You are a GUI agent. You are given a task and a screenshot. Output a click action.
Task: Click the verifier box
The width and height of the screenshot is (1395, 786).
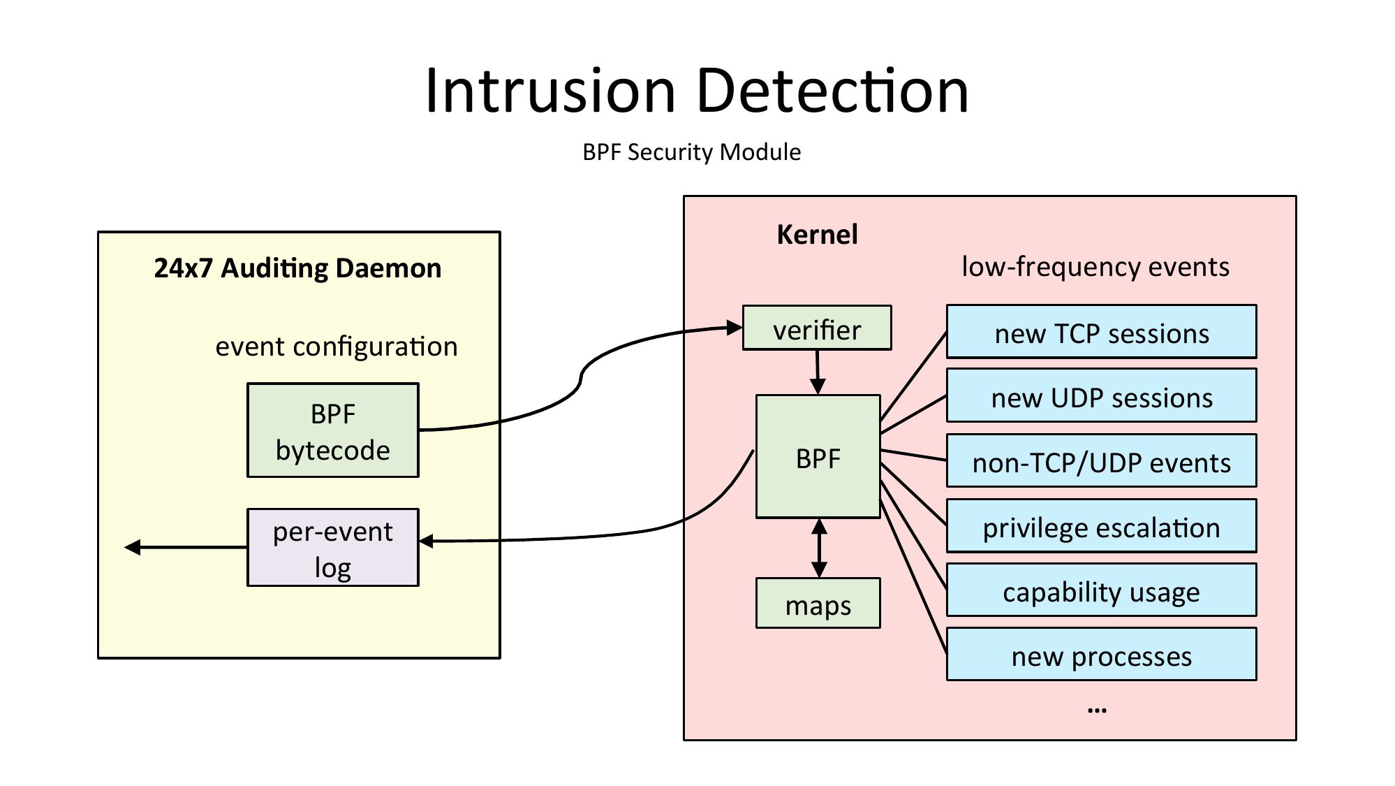coord(816,328)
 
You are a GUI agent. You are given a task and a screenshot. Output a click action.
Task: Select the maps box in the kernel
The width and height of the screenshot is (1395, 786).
coord(818,603)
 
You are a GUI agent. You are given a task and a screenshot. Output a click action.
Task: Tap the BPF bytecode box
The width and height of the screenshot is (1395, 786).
coord(333,430)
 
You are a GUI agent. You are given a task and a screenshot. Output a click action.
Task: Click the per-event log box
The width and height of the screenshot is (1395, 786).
coord(333,547)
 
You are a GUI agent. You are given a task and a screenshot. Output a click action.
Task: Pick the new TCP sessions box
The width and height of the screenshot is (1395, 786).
coord(1101,332)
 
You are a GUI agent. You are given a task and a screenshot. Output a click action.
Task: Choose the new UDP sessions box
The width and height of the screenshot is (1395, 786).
coord(1101,396)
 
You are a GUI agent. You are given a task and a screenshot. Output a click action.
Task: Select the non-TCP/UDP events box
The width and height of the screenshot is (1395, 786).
coord(1101,461)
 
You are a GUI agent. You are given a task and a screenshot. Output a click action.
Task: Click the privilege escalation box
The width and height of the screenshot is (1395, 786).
coord(1101,526)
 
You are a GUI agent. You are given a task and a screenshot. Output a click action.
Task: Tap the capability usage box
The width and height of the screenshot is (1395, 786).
coord(1101,590)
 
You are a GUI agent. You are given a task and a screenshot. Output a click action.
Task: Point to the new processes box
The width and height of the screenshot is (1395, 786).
coord(1101,655)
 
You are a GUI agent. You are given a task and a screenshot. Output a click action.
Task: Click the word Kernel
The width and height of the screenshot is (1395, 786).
coord(817,235)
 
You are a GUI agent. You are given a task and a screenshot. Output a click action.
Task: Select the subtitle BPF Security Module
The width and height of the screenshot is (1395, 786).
coord(691,152)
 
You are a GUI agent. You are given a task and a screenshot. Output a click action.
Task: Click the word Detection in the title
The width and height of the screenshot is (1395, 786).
coord(832,91)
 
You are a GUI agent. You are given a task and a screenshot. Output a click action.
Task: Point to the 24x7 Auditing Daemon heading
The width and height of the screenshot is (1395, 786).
coord(297,268)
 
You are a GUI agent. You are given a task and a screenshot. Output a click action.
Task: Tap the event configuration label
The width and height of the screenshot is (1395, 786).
coord(336,347)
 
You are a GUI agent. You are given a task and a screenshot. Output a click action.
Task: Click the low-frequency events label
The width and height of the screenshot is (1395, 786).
coord(1095,267)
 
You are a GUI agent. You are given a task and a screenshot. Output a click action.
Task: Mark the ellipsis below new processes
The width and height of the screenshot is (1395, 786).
coord(1097,710)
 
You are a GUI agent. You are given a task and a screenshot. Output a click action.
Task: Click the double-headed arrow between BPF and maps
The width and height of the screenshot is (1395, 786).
coord(819,548)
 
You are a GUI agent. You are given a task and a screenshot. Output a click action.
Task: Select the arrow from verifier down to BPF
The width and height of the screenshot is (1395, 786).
coord(818,372)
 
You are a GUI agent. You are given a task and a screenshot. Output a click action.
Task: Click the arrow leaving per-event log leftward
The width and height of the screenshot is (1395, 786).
coord(186,547)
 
